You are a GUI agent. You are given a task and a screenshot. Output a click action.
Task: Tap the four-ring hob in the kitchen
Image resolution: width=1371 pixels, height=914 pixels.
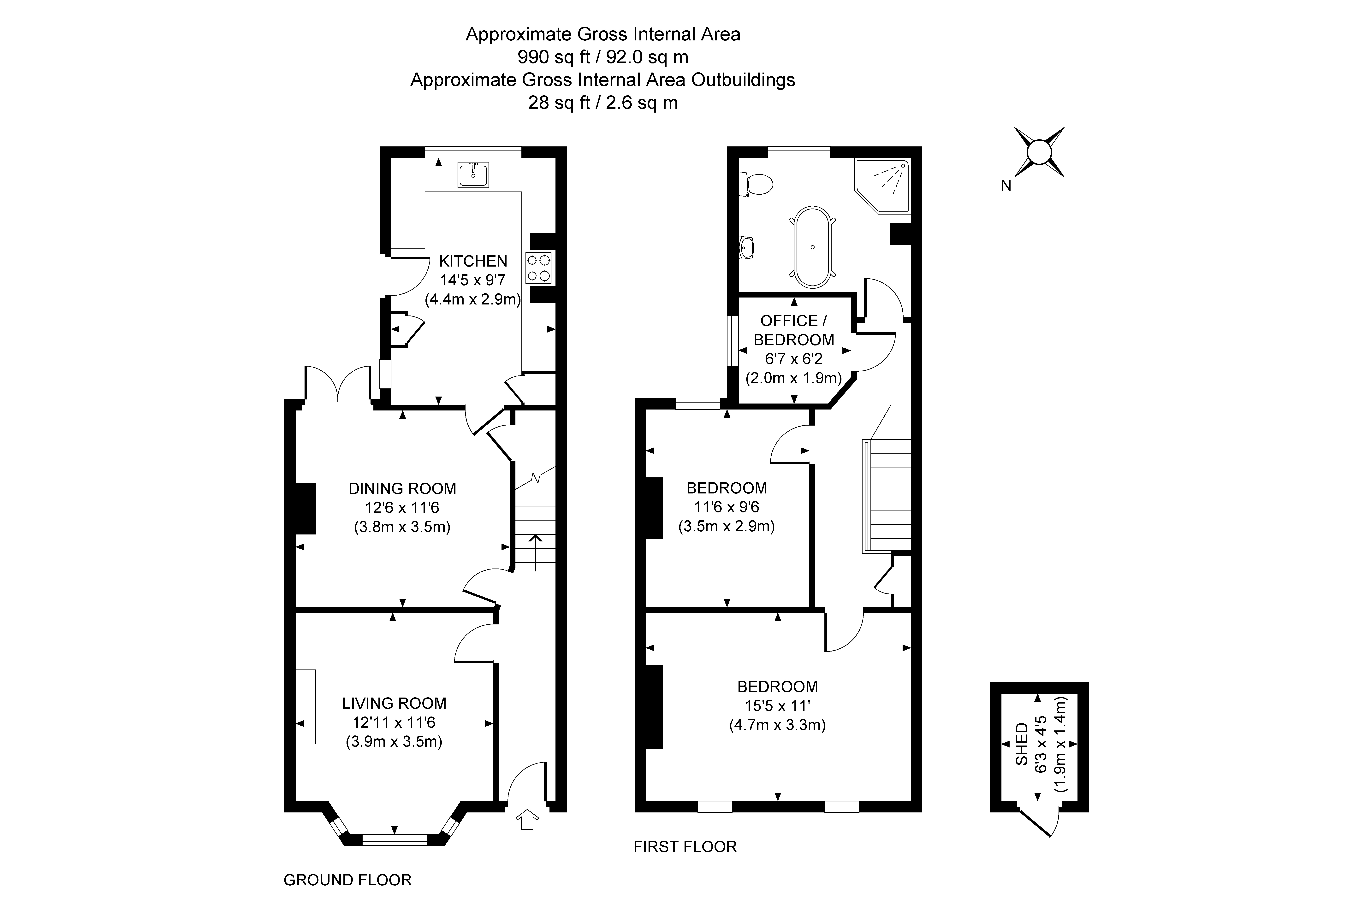[539, 268]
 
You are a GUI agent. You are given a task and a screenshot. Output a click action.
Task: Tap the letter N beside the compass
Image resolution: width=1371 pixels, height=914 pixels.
[1006, 186]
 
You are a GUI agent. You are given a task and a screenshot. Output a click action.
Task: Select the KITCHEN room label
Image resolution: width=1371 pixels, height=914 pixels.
[473, 261]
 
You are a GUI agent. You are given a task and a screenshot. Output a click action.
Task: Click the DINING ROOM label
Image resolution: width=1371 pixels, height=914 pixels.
[402, 488]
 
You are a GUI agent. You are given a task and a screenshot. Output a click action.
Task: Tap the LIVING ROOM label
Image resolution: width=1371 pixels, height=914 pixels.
[394, 704]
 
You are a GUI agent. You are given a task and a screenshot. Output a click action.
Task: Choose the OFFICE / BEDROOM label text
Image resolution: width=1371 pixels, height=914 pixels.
[793, 330]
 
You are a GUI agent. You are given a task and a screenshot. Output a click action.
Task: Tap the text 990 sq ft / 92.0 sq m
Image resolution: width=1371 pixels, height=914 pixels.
[603, 57]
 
